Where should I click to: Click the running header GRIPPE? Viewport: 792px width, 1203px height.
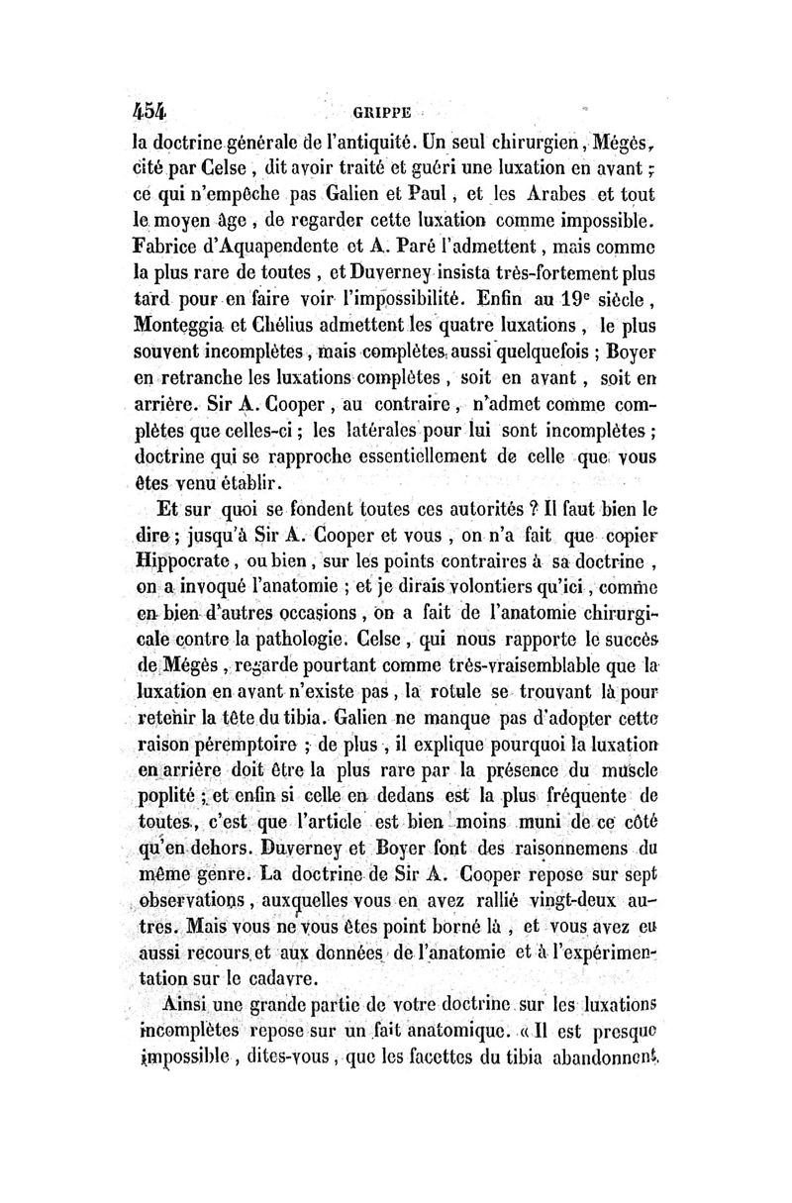pos(388,113)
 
